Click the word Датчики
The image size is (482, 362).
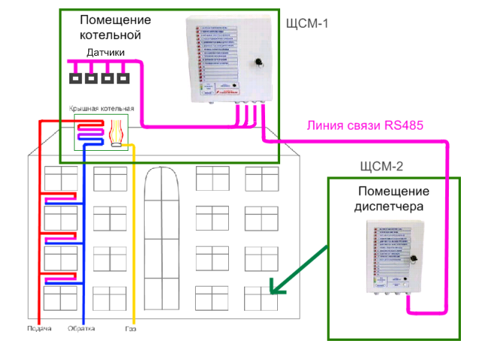point(105,53)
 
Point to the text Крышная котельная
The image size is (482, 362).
point(101,109)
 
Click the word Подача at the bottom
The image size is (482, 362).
point(39,329)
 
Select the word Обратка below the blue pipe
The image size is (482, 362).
point(81,329)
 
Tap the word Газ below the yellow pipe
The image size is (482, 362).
point(131,329)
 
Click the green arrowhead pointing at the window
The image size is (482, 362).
point(276,289)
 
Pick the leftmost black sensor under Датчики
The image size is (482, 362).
point(75,78)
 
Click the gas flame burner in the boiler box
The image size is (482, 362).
point(117,133)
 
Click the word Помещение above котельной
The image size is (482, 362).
point(115,19)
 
